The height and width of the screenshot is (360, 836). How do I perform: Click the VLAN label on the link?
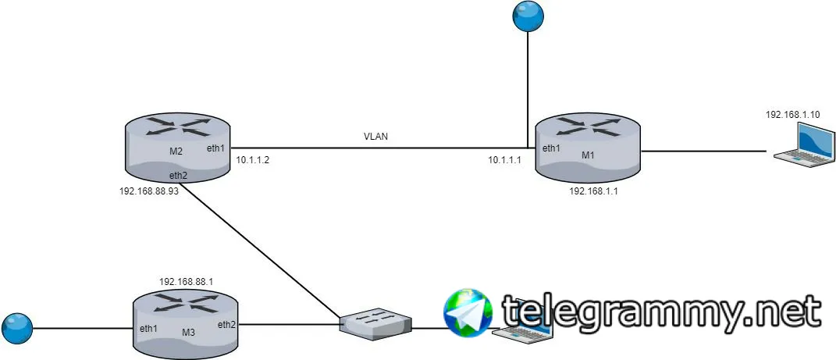375,137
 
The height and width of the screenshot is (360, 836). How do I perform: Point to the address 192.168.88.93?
149,191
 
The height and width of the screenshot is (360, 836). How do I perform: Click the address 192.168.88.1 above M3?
186,281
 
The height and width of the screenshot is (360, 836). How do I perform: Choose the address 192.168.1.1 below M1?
593,191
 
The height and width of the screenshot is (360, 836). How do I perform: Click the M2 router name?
176,151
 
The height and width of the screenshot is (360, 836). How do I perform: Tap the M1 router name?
588,155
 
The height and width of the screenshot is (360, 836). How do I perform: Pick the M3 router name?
188,332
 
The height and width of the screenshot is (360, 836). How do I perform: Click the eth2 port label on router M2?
178,174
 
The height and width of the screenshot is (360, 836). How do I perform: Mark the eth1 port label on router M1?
551,149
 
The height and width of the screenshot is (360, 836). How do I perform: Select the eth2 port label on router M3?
227,324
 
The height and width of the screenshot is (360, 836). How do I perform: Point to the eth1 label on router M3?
148,329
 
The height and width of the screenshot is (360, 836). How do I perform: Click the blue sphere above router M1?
528,16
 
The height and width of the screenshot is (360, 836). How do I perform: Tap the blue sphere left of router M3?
17,329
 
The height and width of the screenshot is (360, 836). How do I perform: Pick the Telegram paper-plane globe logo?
468,313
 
